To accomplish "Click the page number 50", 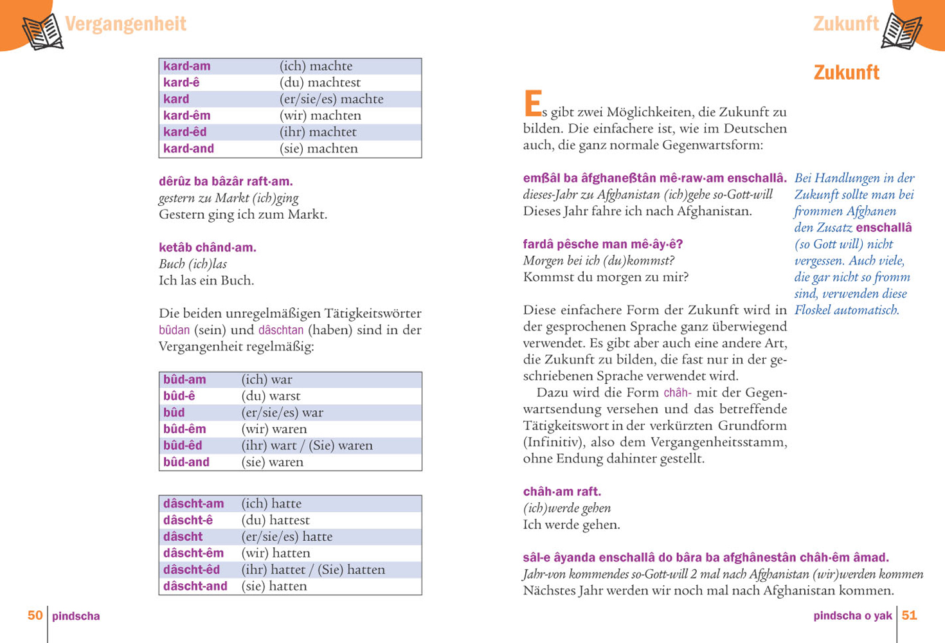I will (x=35, y=615).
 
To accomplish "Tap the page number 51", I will (x=909, y=615).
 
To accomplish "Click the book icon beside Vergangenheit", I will (x=43, y=32).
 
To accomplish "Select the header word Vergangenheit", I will (x=125, y=24).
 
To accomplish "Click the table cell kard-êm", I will (x=186, y=116).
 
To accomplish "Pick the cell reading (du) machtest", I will (x=319, y=82).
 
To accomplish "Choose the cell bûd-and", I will (x=186, y=462).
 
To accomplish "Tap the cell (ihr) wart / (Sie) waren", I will (x=307, y=446).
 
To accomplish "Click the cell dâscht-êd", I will (x=191, y=570).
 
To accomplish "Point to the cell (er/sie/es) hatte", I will (x=287, y=536).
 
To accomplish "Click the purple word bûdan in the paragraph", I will (x=174, y=330).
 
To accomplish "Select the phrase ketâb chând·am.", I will (x=207, y=248).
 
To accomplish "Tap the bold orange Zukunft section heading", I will (x=846, y=73).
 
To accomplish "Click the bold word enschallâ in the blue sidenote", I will (x=883, y=228).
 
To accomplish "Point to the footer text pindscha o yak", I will (x=852, y=616).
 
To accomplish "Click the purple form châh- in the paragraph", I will (x=678, y=392).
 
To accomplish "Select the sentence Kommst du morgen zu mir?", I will (x=606, y=277).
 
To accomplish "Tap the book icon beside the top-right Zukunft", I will (x=902, y=30).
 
